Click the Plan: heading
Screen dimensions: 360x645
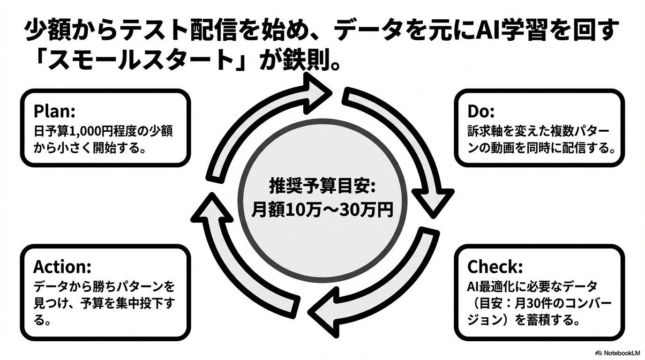click(54, 112)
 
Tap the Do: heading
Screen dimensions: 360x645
click(481, 112)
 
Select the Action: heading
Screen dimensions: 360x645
click(62, 267)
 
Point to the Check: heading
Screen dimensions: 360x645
click(495, 267)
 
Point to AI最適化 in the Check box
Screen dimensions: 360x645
click(490, 286)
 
